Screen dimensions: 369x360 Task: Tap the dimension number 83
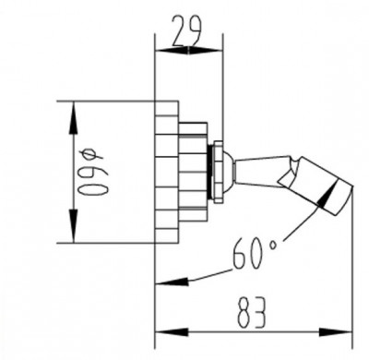pyautogui.click(x=251, y=313)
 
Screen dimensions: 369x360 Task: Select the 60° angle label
pyautogui.click(x=255, y=253)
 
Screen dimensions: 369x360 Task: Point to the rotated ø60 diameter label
pyautogui.click(x=92, y=172)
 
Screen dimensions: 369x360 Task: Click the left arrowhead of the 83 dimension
pyautogui.click(x=172, y=332)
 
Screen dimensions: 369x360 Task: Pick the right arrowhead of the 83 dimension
pyautogui.click(x=335, y=332)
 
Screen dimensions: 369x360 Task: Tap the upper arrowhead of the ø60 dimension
pyautogui.click(x=73, y=117)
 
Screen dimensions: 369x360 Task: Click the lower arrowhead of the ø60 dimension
pyautogui.click(x=73, y=225)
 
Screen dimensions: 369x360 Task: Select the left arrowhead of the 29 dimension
pyautogui.click(x=173, y=51)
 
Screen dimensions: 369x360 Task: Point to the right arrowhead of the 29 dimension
pyautogui.click(x=205, y=51)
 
